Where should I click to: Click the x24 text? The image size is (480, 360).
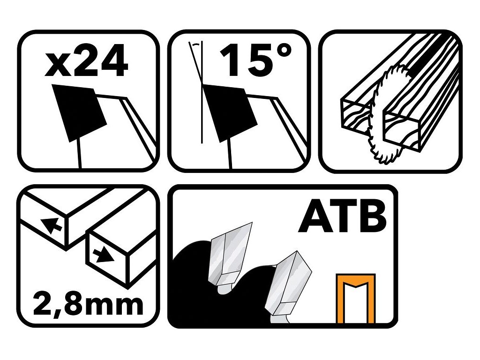pos(86,60)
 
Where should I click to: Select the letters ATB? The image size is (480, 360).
pos(342,216)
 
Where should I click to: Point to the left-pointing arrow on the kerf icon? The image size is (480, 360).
pos(51,225)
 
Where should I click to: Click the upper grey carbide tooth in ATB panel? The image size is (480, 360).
pos(230,254)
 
